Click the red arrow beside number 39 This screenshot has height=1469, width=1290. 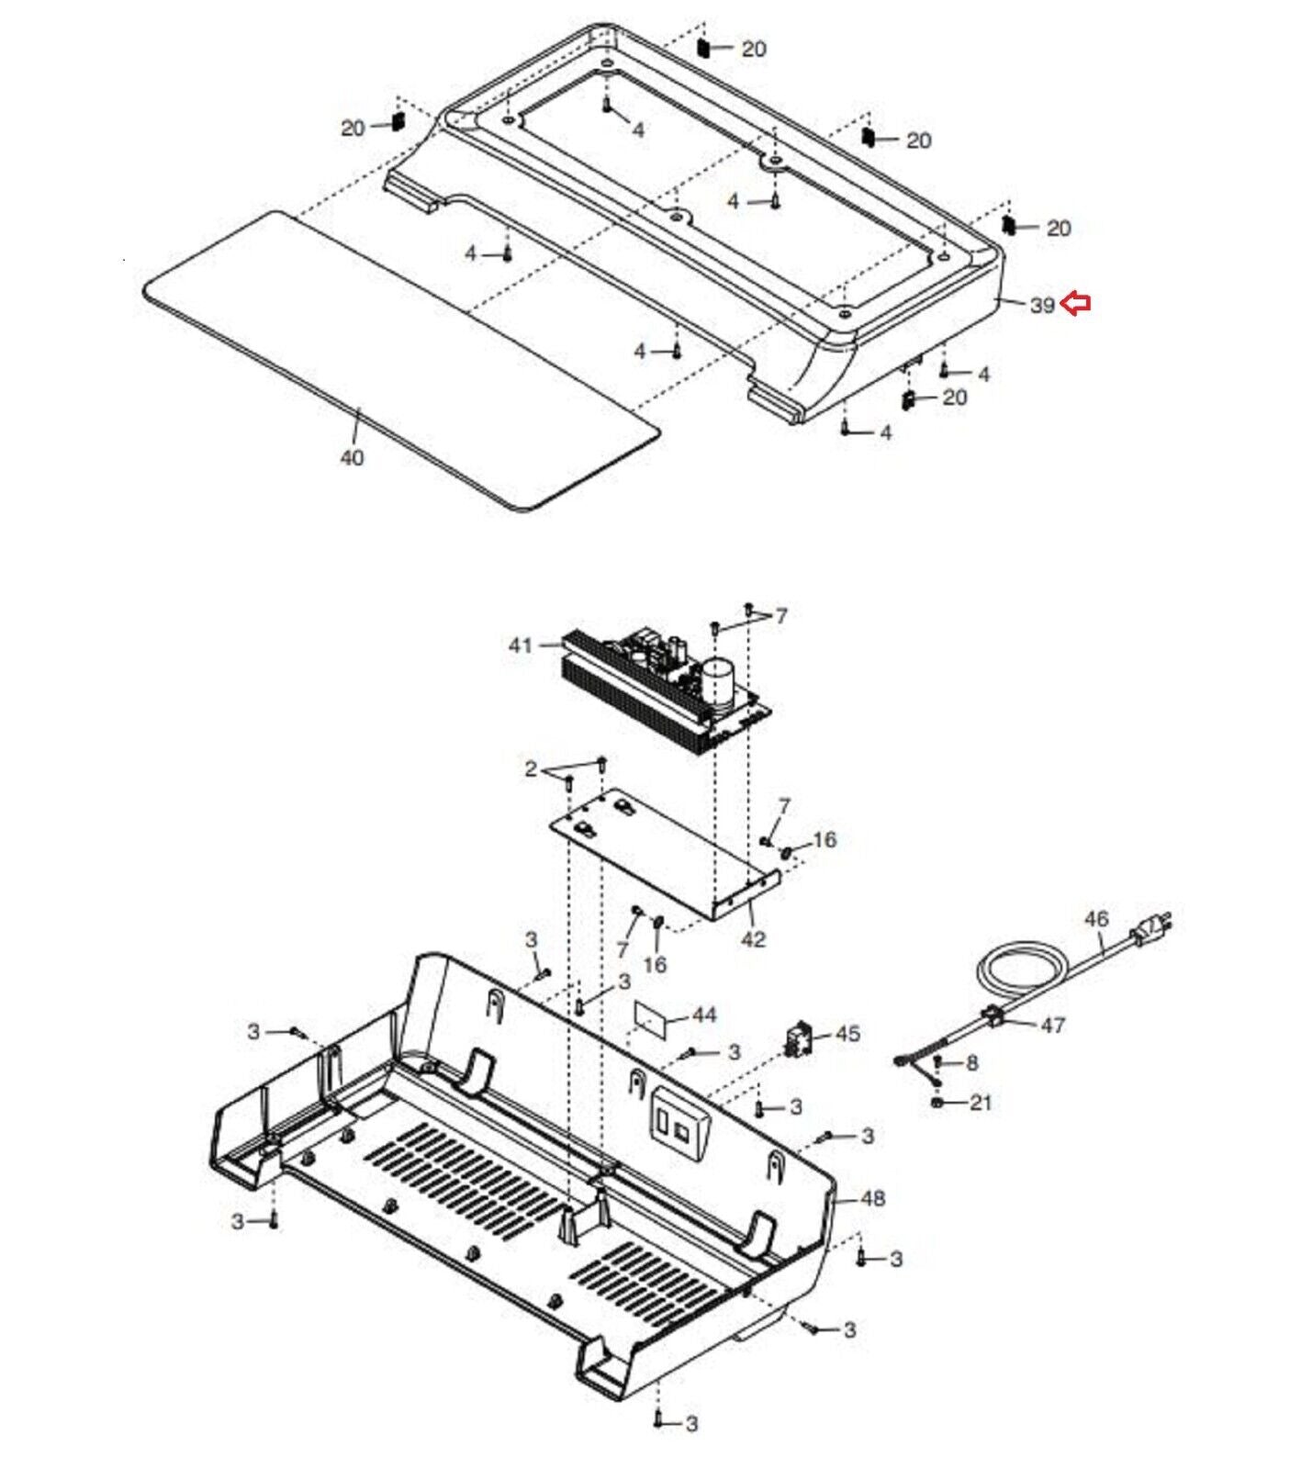pyautogui.click(x=1075, y=303)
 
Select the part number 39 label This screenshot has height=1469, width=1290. pyautogui.click(x=1041, y=305)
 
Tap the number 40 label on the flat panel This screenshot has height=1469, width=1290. pyautogui.click(x=352, y=457)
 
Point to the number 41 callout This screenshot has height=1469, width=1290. pyautogui.click(x=521, y=645)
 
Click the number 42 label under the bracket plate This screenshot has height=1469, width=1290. pyautogui.click(x=753, y=940)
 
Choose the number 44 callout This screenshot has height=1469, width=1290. pyautogui.click(x=704, y=1015)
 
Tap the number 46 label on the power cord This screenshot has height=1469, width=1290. pyautogui.click(x=1096, y=918)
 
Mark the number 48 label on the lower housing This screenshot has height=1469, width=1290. pyautogui.click(x=873, y=1198)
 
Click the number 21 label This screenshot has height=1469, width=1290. pyautogui.click(x=981, y=1102)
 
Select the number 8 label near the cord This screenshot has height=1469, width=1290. pyautogui.click(x=972, y=1063)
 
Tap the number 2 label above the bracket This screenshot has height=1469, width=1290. pyautogui.click(x=531, y=769)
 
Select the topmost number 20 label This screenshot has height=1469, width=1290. pyautogui.click(x=753, y=49)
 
